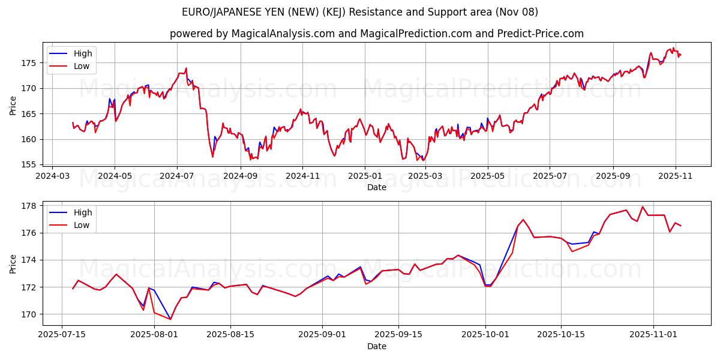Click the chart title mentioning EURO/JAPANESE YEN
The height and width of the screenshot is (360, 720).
pos(360,12)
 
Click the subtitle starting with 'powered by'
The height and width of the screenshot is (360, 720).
pos(376,34)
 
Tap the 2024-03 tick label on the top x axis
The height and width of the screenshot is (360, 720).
pos(52,176)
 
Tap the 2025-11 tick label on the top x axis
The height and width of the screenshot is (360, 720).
pos(676,176)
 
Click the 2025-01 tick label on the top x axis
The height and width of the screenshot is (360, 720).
pos(365,176)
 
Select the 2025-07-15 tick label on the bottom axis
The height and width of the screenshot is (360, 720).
pos(62,335)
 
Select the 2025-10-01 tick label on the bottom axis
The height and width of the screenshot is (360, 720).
pos(485,335)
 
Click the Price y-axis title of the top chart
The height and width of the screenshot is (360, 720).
pos(13,106)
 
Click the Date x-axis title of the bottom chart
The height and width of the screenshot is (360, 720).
pos(376,346)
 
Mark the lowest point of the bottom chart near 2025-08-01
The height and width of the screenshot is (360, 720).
pos(170,319)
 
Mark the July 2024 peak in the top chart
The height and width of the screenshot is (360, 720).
pos(186,68)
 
